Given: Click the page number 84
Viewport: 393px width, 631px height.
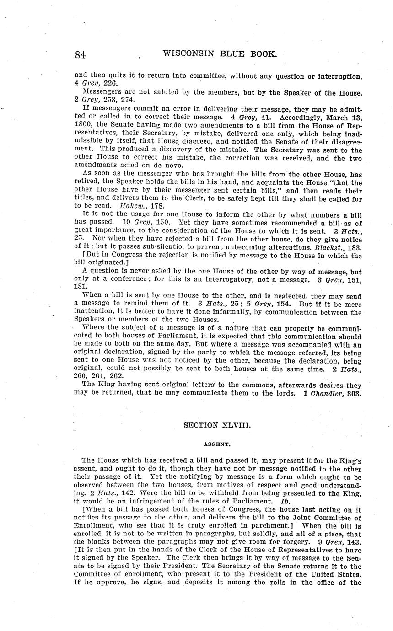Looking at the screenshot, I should [x=81, y=55].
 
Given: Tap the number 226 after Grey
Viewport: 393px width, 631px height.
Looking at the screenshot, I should [x=110, y=83].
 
